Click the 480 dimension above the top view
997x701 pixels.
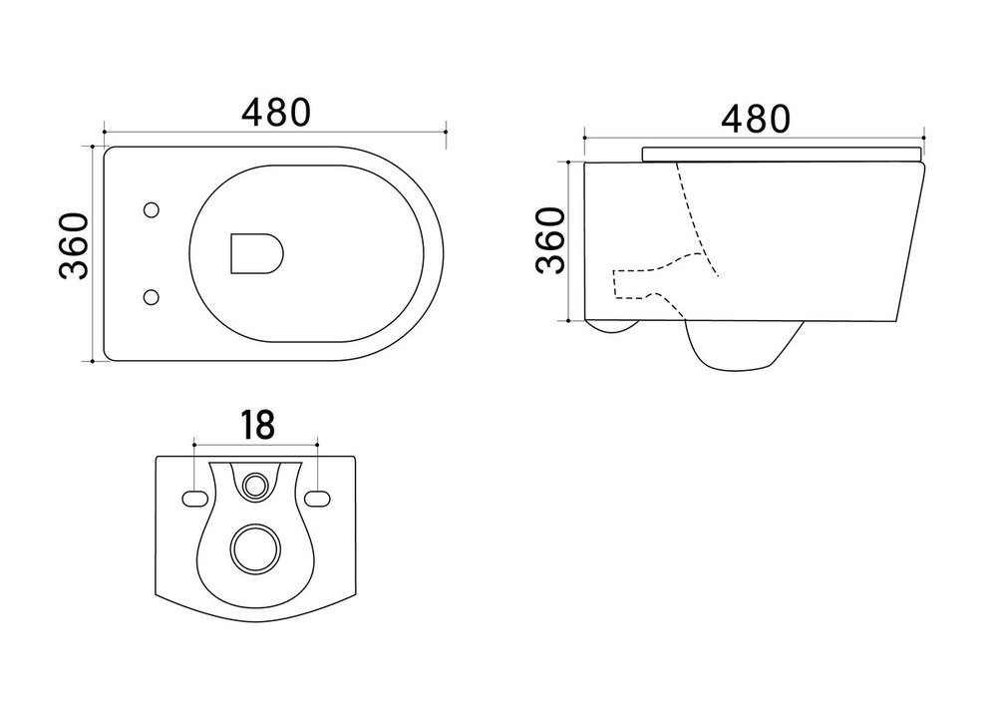(276, 112)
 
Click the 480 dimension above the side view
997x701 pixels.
(756, 119)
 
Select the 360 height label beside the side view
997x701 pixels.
(550, 240)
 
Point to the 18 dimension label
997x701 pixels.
(257, 425)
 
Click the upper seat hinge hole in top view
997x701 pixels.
(152, 210)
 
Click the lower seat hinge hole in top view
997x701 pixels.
(152, 297)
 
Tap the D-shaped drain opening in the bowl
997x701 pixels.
(256, 253)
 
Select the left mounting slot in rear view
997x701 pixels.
(195, 499)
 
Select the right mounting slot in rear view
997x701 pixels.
(317, 499)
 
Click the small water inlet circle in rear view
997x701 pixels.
(256, 486)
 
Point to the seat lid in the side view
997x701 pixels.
(782, 155)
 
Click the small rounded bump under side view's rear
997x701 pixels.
(613, 327)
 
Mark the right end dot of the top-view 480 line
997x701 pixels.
(446, 132)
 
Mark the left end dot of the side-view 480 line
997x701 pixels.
(585, 136)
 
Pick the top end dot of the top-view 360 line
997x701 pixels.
(93, 147)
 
